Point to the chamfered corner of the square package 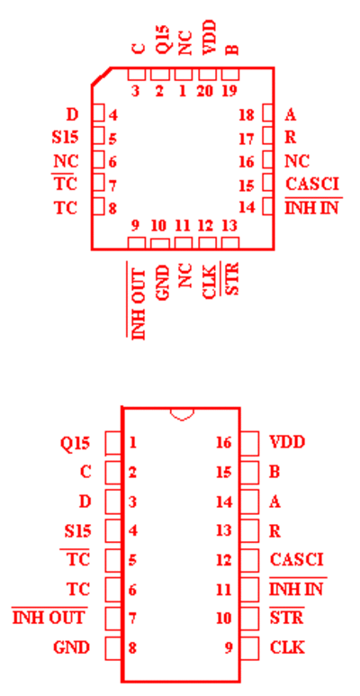(101, 77)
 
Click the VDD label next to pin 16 (288, 443)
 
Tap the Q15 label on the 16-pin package (75, 443)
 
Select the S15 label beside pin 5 (65, 137)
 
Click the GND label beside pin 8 (71, 647)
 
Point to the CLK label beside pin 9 (287, 647)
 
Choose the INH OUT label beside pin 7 (49, 617)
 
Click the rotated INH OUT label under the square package (138, 301)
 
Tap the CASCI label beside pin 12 (296, 559)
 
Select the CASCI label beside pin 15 (312, 184)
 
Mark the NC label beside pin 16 (297, 161)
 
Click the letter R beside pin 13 (275, 530)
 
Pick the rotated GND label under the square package (163, 283)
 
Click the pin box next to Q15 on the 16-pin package (113, 443)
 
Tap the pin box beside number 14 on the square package (267, 206)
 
